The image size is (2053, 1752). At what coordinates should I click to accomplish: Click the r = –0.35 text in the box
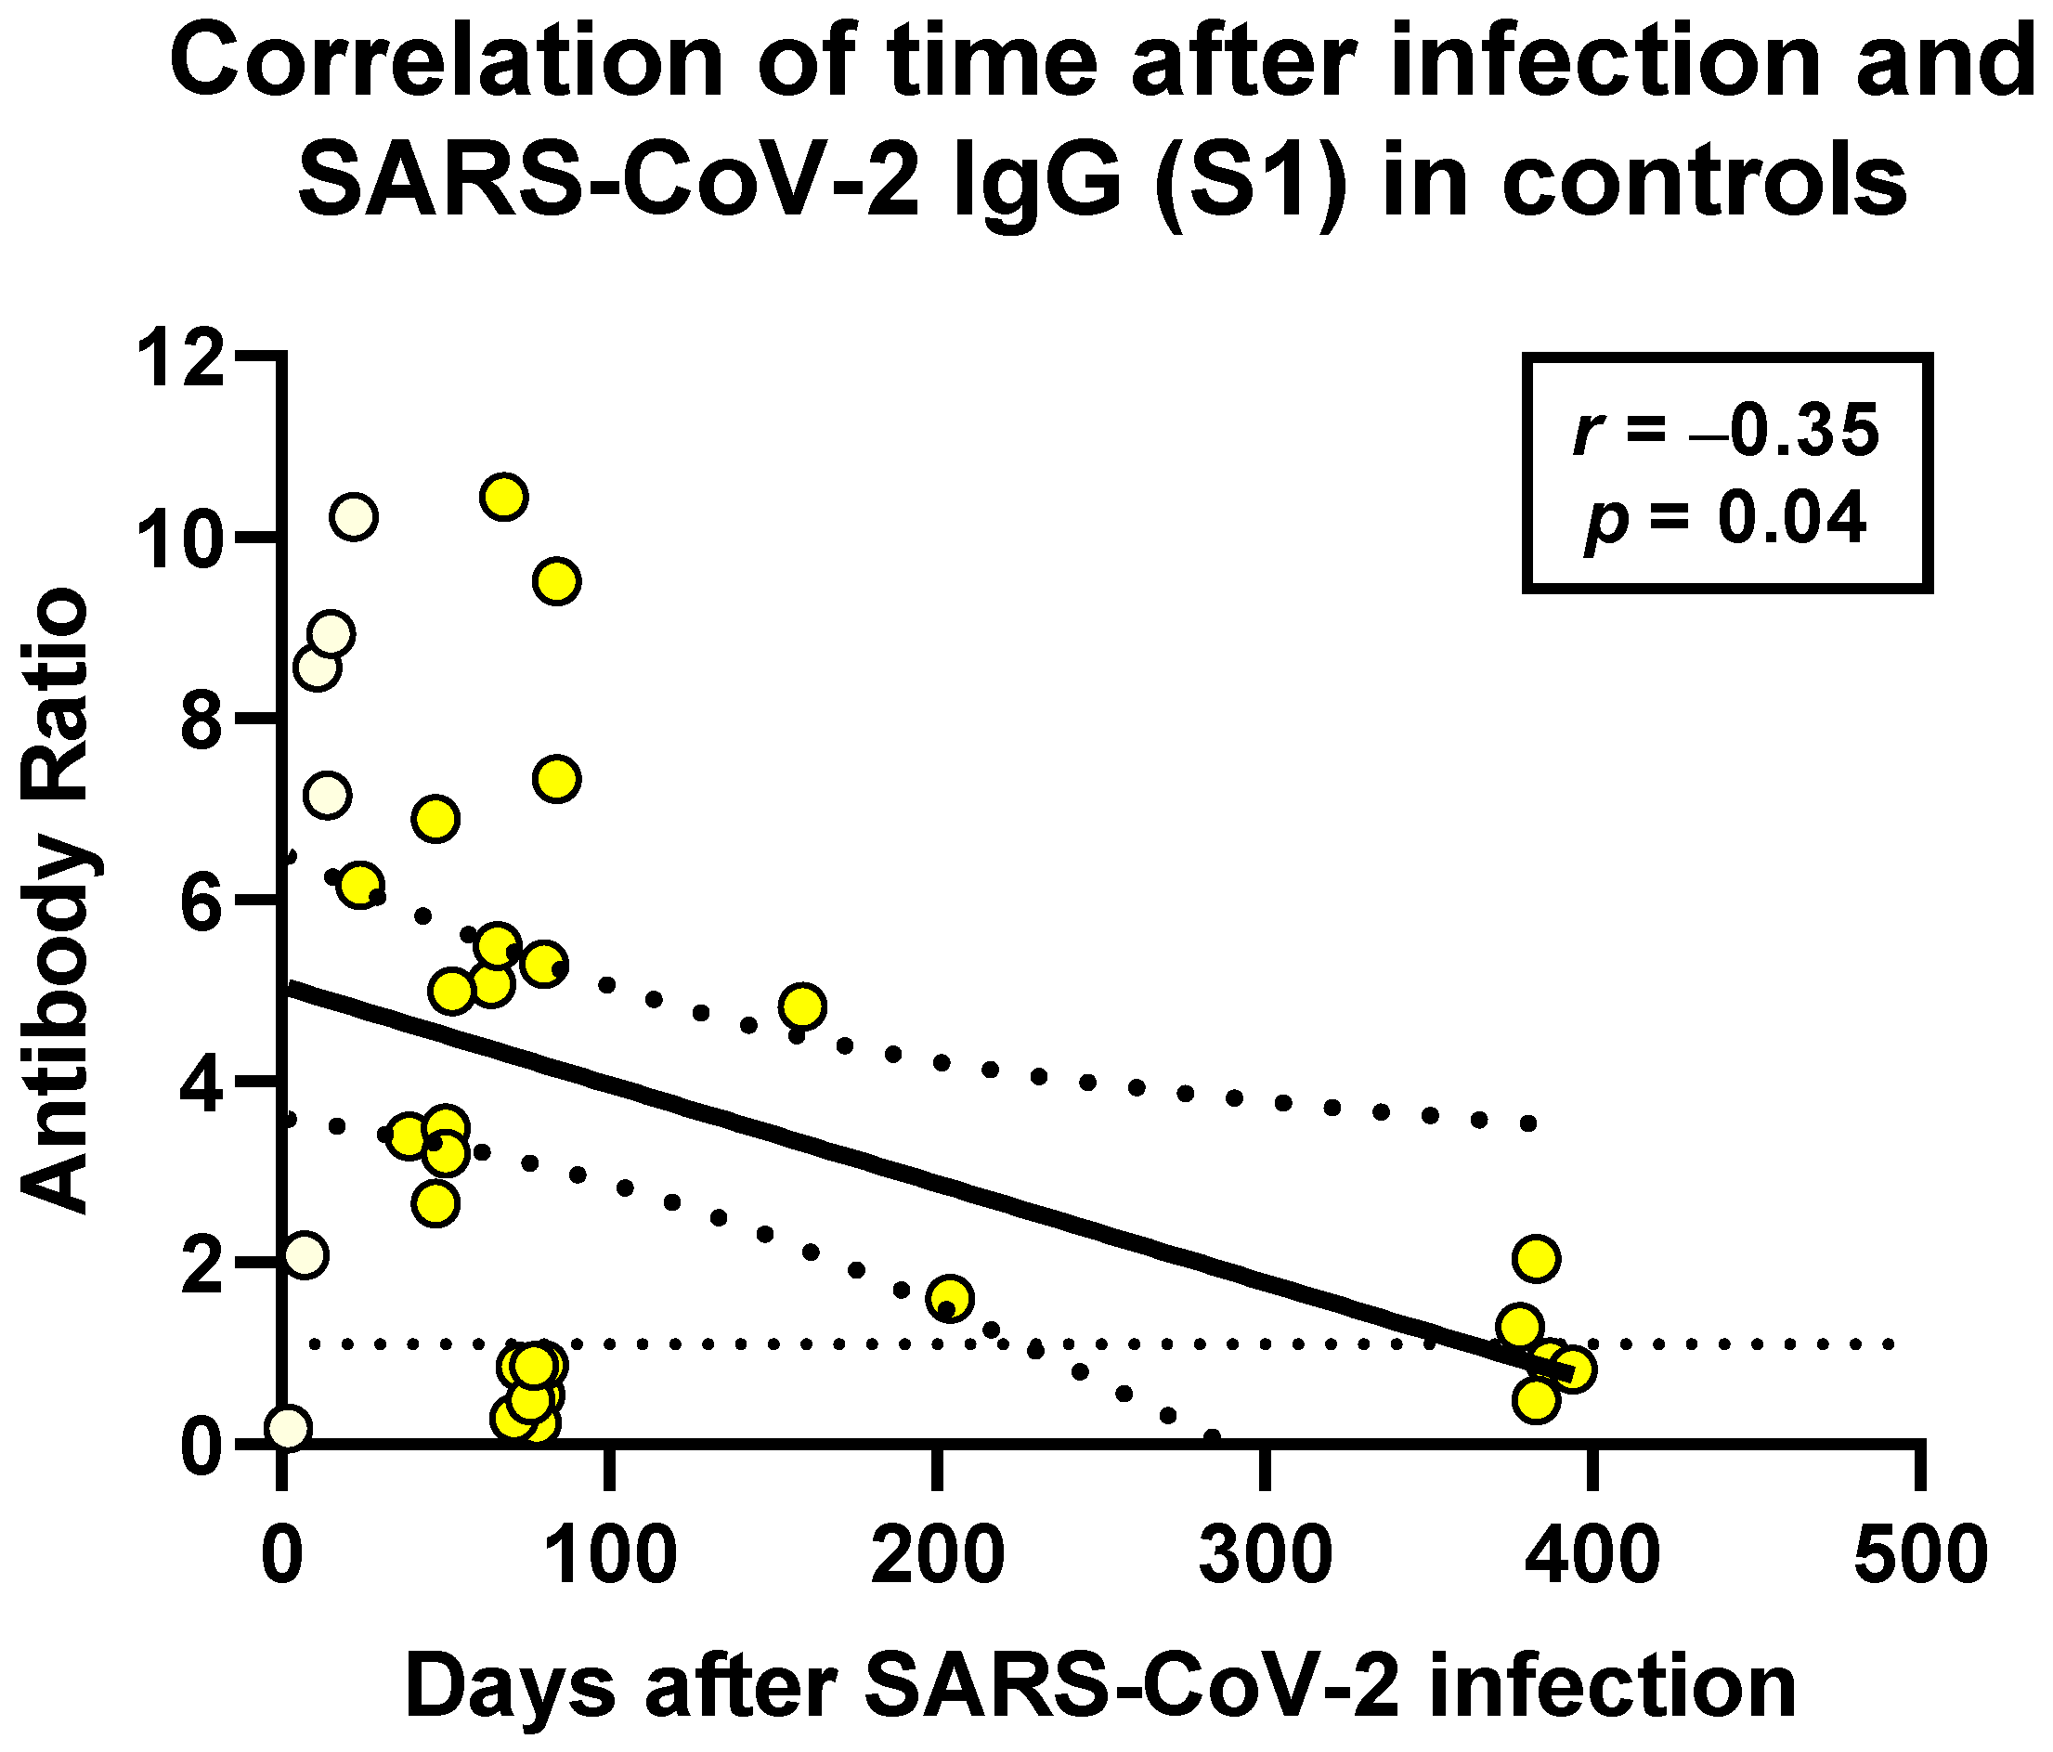(x=1726, y=433)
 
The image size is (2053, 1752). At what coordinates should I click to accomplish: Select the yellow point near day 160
(x=802, y=1006)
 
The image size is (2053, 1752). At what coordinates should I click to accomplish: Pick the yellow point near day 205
(x=950, y=1298)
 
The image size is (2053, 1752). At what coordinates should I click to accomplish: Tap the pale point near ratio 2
(x=305, y=1254)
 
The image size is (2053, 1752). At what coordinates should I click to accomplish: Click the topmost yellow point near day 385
(x=1536, y=1258)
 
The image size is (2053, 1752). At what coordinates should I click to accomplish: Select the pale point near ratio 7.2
(x=328, y=795)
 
